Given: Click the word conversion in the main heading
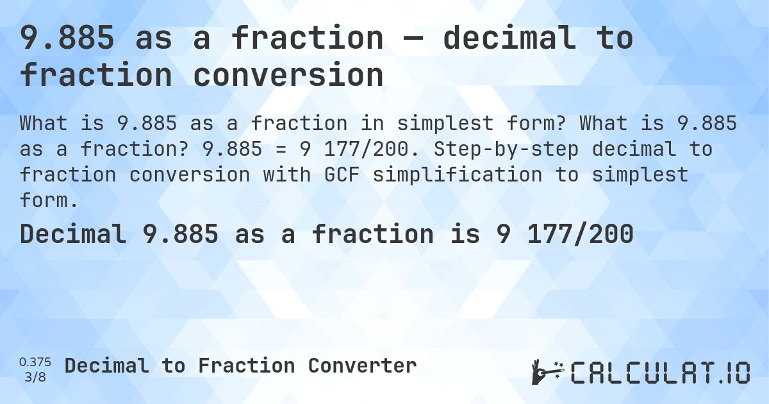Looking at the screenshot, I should pyautogui.click(x=288, y=75).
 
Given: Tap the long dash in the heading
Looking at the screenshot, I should pyautogui.click(x=413, y=38).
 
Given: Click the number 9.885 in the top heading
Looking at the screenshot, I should pyautogui.click(x=67, y=38).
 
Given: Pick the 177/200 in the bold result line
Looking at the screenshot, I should pyautogui.click(x=580, y=235).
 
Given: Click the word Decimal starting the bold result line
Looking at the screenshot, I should pyautogui.click(x=72, y=235).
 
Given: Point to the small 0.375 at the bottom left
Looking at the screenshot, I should pyautogui.click(x=36, y=362).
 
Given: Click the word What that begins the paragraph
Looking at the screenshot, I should pyautogui.click(x=42, y=123).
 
